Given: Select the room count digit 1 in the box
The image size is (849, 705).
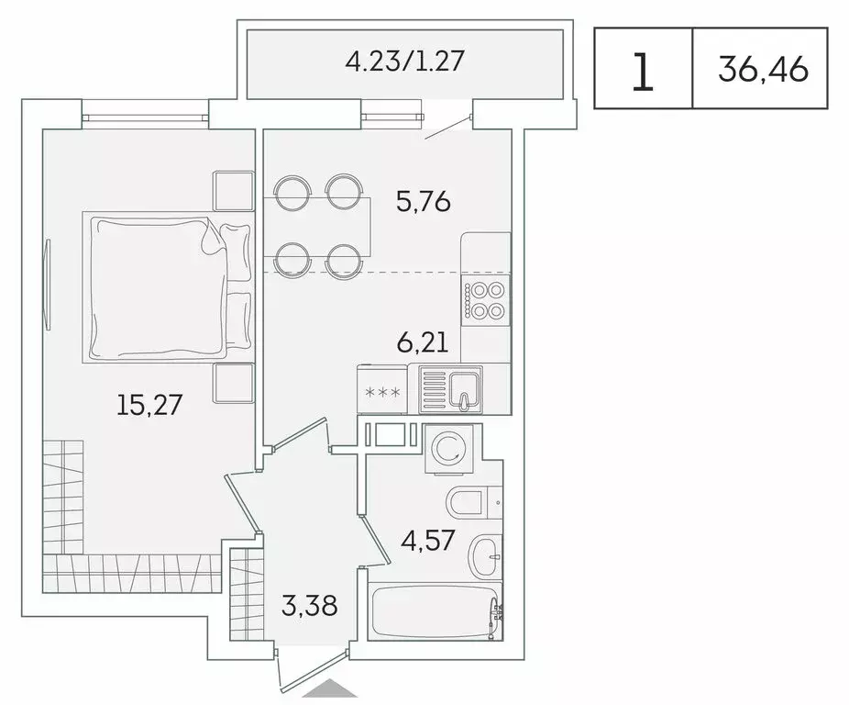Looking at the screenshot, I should click(x=643, y=71).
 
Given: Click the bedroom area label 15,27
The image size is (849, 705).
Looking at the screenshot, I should click(x=151, y=403).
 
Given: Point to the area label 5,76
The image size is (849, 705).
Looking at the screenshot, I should click(x=423, y=200).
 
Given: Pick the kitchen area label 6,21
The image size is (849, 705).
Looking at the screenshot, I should click(x=422, y=343).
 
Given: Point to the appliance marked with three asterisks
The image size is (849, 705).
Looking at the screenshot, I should click(x=383, y=392).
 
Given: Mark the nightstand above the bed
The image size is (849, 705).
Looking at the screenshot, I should click(x=233, y=190).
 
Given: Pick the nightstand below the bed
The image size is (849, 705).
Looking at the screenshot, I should click(x=233, y=382).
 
